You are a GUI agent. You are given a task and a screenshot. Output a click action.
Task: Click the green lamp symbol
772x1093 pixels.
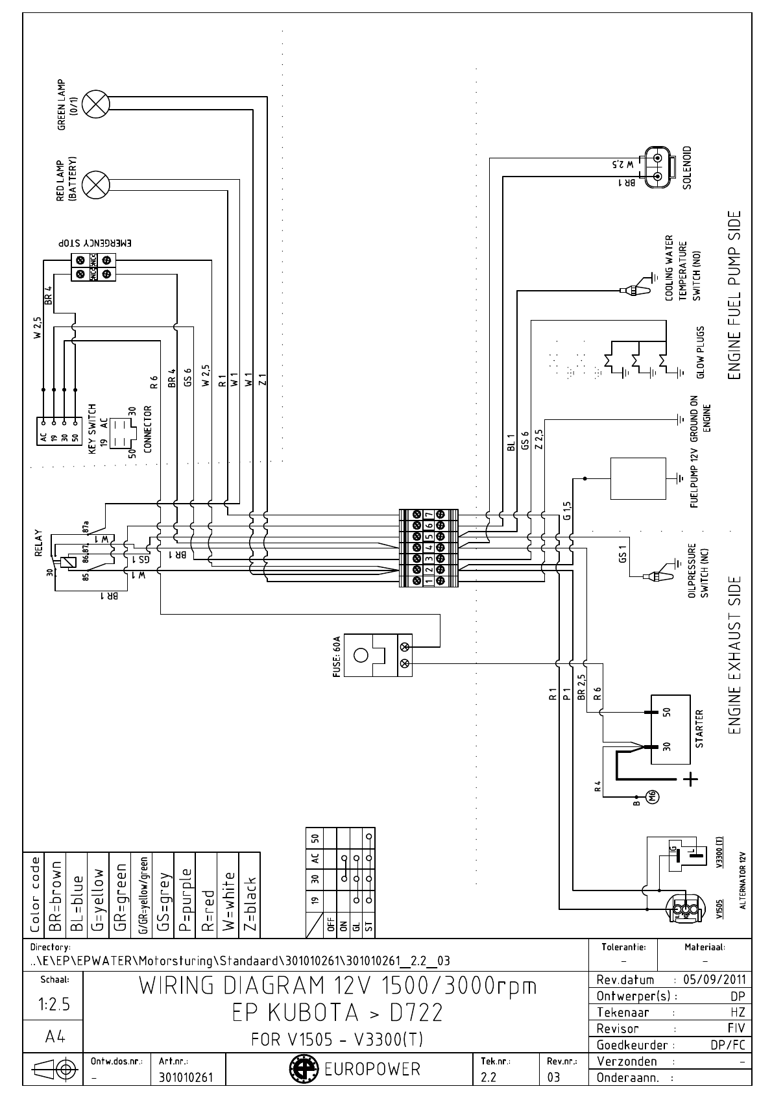97,103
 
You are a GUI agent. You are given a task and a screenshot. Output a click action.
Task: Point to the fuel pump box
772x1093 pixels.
638,478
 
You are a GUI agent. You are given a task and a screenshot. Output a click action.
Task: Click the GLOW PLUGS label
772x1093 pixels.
701,352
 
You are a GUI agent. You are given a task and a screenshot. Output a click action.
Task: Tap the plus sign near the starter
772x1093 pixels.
692,779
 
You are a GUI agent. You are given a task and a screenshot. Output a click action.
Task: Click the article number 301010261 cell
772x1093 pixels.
184,1078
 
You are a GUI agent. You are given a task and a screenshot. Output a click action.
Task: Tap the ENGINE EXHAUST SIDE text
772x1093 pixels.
735,656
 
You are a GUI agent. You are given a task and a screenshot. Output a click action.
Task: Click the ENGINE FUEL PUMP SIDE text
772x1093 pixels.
735,295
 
